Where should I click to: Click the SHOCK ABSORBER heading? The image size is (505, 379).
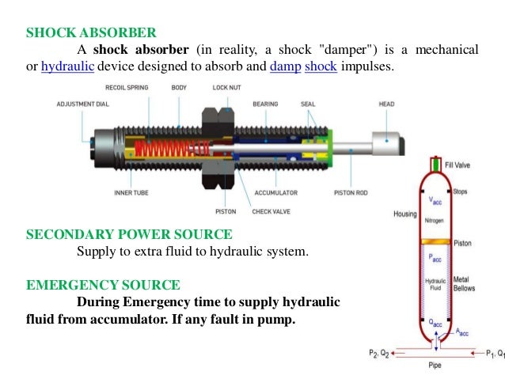pyautogui.click(x=91, y=33)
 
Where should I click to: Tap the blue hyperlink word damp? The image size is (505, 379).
pyautogui.click(x=283, y=66)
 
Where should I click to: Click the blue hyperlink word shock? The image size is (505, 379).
pyautogui.click(x=321, y=66)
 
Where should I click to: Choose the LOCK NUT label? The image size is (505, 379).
pyautogui.click(x=226, y=87)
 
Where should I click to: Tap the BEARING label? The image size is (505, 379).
pyautogui.click(x=264, y=104)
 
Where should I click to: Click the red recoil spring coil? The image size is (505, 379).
pyautogui.click(x=158, y=147)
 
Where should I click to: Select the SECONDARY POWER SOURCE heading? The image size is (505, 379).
pyautogui.click(x=129, y=235)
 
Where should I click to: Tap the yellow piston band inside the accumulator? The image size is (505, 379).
pyautogui.click(x=435, y=241)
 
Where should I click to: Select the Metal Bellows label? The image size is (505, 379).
pyautogui.click(x=463, y=285)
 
